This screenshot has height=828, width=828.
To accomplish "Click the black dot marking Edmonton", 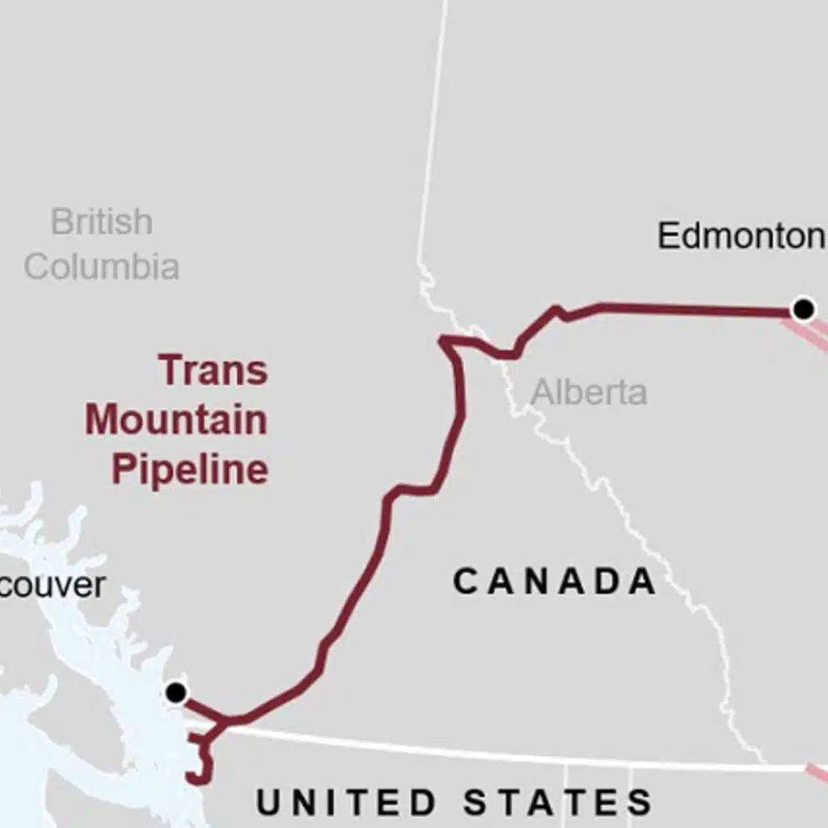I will pos(803,309).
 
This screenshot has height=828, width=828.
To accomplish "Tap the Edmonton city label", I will pos(741,236).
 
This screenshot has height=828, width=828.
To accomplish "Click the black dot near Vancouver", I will pos(175,693).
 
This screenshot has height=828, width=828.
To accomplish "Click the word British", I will pos(101,222).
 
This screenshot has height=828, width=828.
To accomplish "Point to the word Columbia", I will pos(101,266).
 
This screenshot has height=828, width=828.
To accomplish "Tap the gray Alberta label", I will pos(589,392).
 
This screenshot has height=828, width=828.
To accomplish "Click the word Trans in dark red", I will pos(213,370).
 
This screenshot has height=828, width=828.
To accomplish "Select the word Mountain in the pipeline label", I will pos(176,420).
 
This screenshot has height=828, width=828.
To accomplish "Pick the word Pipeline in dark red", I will pos(190,469).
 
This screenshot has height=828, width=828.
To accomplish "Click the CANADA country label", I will pos(555,581).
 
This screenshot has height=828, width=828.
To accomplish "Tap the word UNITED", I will pos(347,802).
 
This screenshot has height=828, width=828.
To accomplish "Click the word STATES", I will pos(558,802).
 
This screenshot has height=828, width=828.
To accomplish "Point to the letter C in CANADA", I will pos(467,581).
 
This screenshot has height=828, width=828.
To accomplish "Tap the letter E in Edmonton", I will pos(668,236).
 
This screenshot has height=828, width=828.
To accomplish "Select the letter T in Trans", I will pos(172,370).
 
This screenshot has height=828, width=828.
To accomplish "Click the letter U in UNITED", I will pos(268,802).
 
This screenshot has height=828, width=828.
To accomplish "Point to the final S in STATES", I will pos(640,802).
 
